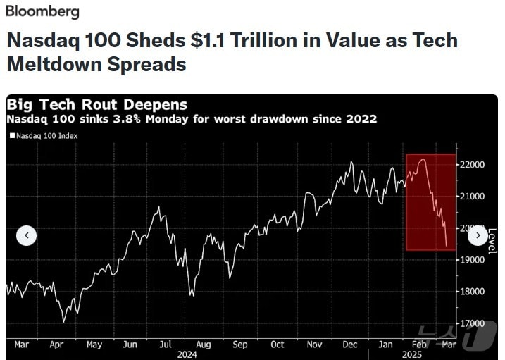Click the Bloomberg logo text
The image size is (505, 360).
(42, 12)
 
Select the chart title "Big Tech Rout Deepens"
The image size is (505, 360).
(97, 106)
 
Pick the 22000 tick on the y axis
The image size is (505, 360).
(472, 164)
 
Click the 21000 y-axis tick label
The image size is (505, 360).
(472, 196)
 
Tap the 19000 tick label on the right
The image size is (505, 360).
(472, 259)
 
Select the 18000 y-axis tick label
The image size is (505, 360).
(472, 291)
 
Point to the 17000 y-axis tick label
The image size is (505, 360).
(472, 323)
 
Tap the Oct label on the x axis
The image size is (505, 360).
(277, 345)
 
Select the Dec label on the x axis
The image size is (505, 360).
(350, 345)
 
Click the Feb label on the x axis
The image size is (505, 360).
(418, 345)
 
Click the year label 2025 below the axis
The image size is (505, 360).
(412, 354)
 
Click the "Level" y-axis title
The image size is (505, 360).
(492, 240)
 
